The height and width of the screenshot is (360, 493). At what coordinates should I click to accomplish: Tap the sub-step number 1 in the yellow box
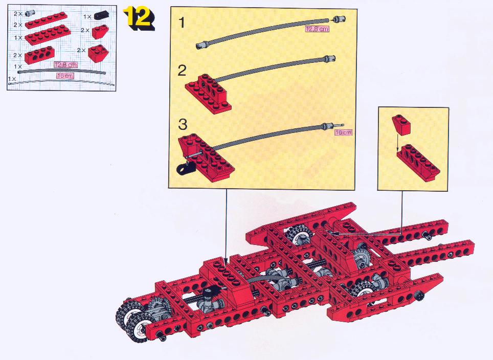pos(182,22)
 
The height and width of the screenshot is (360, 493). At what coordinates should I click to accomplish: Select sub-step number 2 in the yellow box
pos(182,71)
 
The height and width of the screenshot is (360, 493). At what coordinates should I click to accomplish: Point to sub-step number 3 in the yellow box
pos(183,124)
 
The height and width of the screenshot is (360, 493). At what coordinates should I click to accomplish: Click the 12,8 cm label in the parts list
pos(65,65)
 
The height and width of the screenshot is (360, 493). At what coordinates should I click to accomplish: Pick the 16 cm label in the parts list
pos(65,76)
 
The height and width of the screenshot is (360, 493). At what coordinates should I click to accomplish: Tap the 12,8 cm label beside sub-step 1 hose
pos(317,29)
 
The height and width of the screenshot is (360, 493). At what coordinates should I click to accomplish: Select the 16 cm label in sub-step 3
pos(343,132)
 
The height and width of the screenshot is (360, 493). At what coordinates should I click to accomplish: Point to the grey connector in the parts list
pos(30,13)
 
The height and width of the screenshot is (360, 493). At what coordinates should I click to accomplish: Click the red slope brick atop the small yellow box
pos(401,124)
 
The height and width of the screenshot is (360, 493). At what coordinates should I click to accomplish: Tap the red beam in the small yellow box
pos(418,163)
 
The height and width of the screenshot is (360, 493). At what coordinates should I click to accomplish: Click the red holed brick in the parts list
pos(38,55)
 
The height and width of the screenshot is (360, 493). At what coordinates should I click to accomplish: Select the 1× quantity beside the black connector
pos(87,17)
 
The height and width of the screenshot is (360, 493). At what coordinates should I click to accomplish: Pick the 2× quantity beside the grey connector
pos(18,14)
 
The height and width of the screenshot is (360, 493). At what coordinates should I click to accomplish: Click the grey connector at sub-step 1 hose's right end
pos(339,20)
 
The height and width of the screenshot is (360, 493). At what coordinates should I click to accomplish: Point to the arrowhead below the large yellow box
pos(226,259)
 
